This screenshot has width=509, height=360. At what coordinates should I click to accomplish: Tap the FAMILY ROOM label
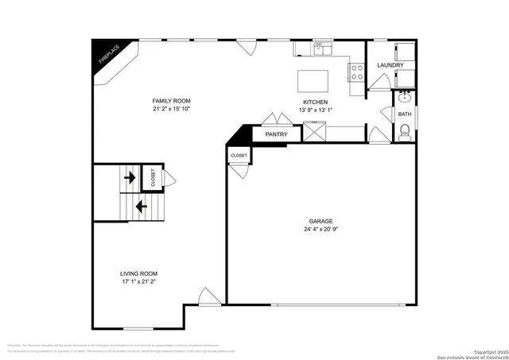(x=172, y=101)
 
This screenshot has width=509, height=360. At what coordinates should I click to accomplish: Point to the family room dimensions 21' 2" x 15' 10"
(x=172, y=110)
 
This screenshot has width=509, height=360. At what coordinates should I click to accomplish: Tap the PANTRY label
(x=276, y=135)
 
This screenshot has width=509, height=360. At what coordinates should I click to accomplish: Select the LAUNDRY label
(x=390, y=65)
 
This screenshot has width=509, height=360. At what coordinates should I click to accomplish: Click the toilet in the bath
(x=405, y=132)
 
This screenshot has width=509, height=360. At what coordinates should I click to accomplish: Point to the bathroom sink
(x=404, y=99)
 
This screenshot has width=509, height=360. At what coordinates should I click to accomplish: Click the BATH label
(x=405, y=114)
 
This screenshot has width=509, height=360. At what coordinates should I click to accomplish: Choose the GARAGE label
(x=321, y=221)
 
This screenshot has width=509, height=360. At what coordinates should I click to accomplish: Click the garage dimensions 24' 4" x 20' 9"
(x=321, y=230)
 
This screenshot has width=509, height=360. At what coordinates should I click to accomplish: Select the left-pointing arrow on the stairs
(x=142, y=207)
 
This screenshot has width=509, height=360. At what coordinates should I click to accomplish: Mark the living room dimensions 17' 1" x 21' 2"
(x=138, y=281)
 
